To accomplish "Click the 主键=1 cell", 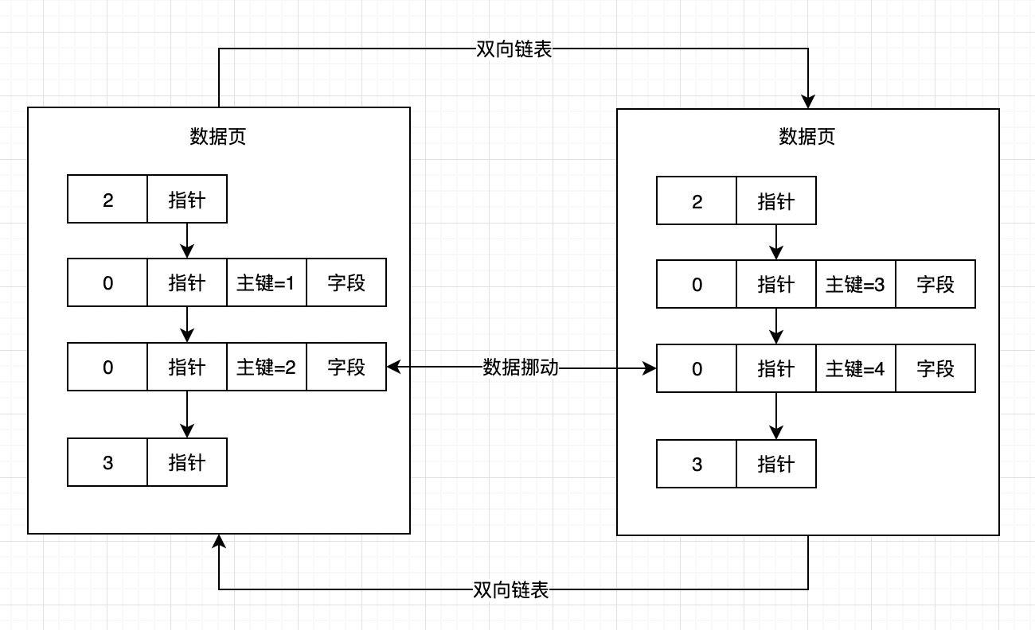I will pyautogui.click(x=267, y=282).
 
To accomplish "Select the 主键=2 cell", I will pyautogui.click(x=267, y=367).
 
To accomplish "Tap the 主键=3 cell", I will pyautogui.click(x=856, y=284).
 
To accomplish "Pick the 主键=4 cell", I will pyautogui.click(x=856, y=368).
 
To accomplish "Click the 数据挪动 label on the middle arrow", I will pyautogui.click(x=521, y=367).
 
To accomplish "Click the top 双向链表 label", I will pyautogui.click(x=514, y=49).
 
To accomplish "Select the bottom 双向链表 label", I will pyautogui.click(x=511, y=590).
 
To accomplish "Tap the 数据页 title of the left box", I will pyautogui.click(x=218, y=136).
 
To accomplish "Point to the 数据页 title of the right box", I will pyautogui.click(x=807, y=136).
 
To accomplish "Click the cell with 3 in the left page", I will pyautogui.click(x=107, y=462).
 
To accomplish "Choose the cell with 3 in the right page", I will pyautogui.click(x=697, y=464).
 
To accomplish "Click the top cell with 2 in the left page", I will pyautogui.click(x=107, y=199).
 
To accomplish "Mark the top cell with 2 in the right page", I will pyautogui.click(x=697, y=200).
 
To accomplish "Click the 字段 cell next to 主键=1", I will pyautogui.click(x=346, y=282).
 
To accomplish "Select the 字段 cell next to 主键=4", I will pyautogui.click(x=935, y=368).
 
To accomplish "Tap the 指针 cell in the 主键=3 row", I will pyautogui.click(x=776, y=284).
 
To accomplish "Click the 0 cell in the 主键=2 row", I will pyautogui.click(x=107, y=367).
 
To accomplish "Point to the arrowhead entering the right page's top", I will pyautogui.click(x=808, y=102).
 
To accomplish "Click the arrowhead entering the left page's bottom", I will pyautogui.click(x=219, y=541).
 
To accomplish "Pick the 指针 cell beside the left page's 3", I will pyautogui.click(x=187, y=462).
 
